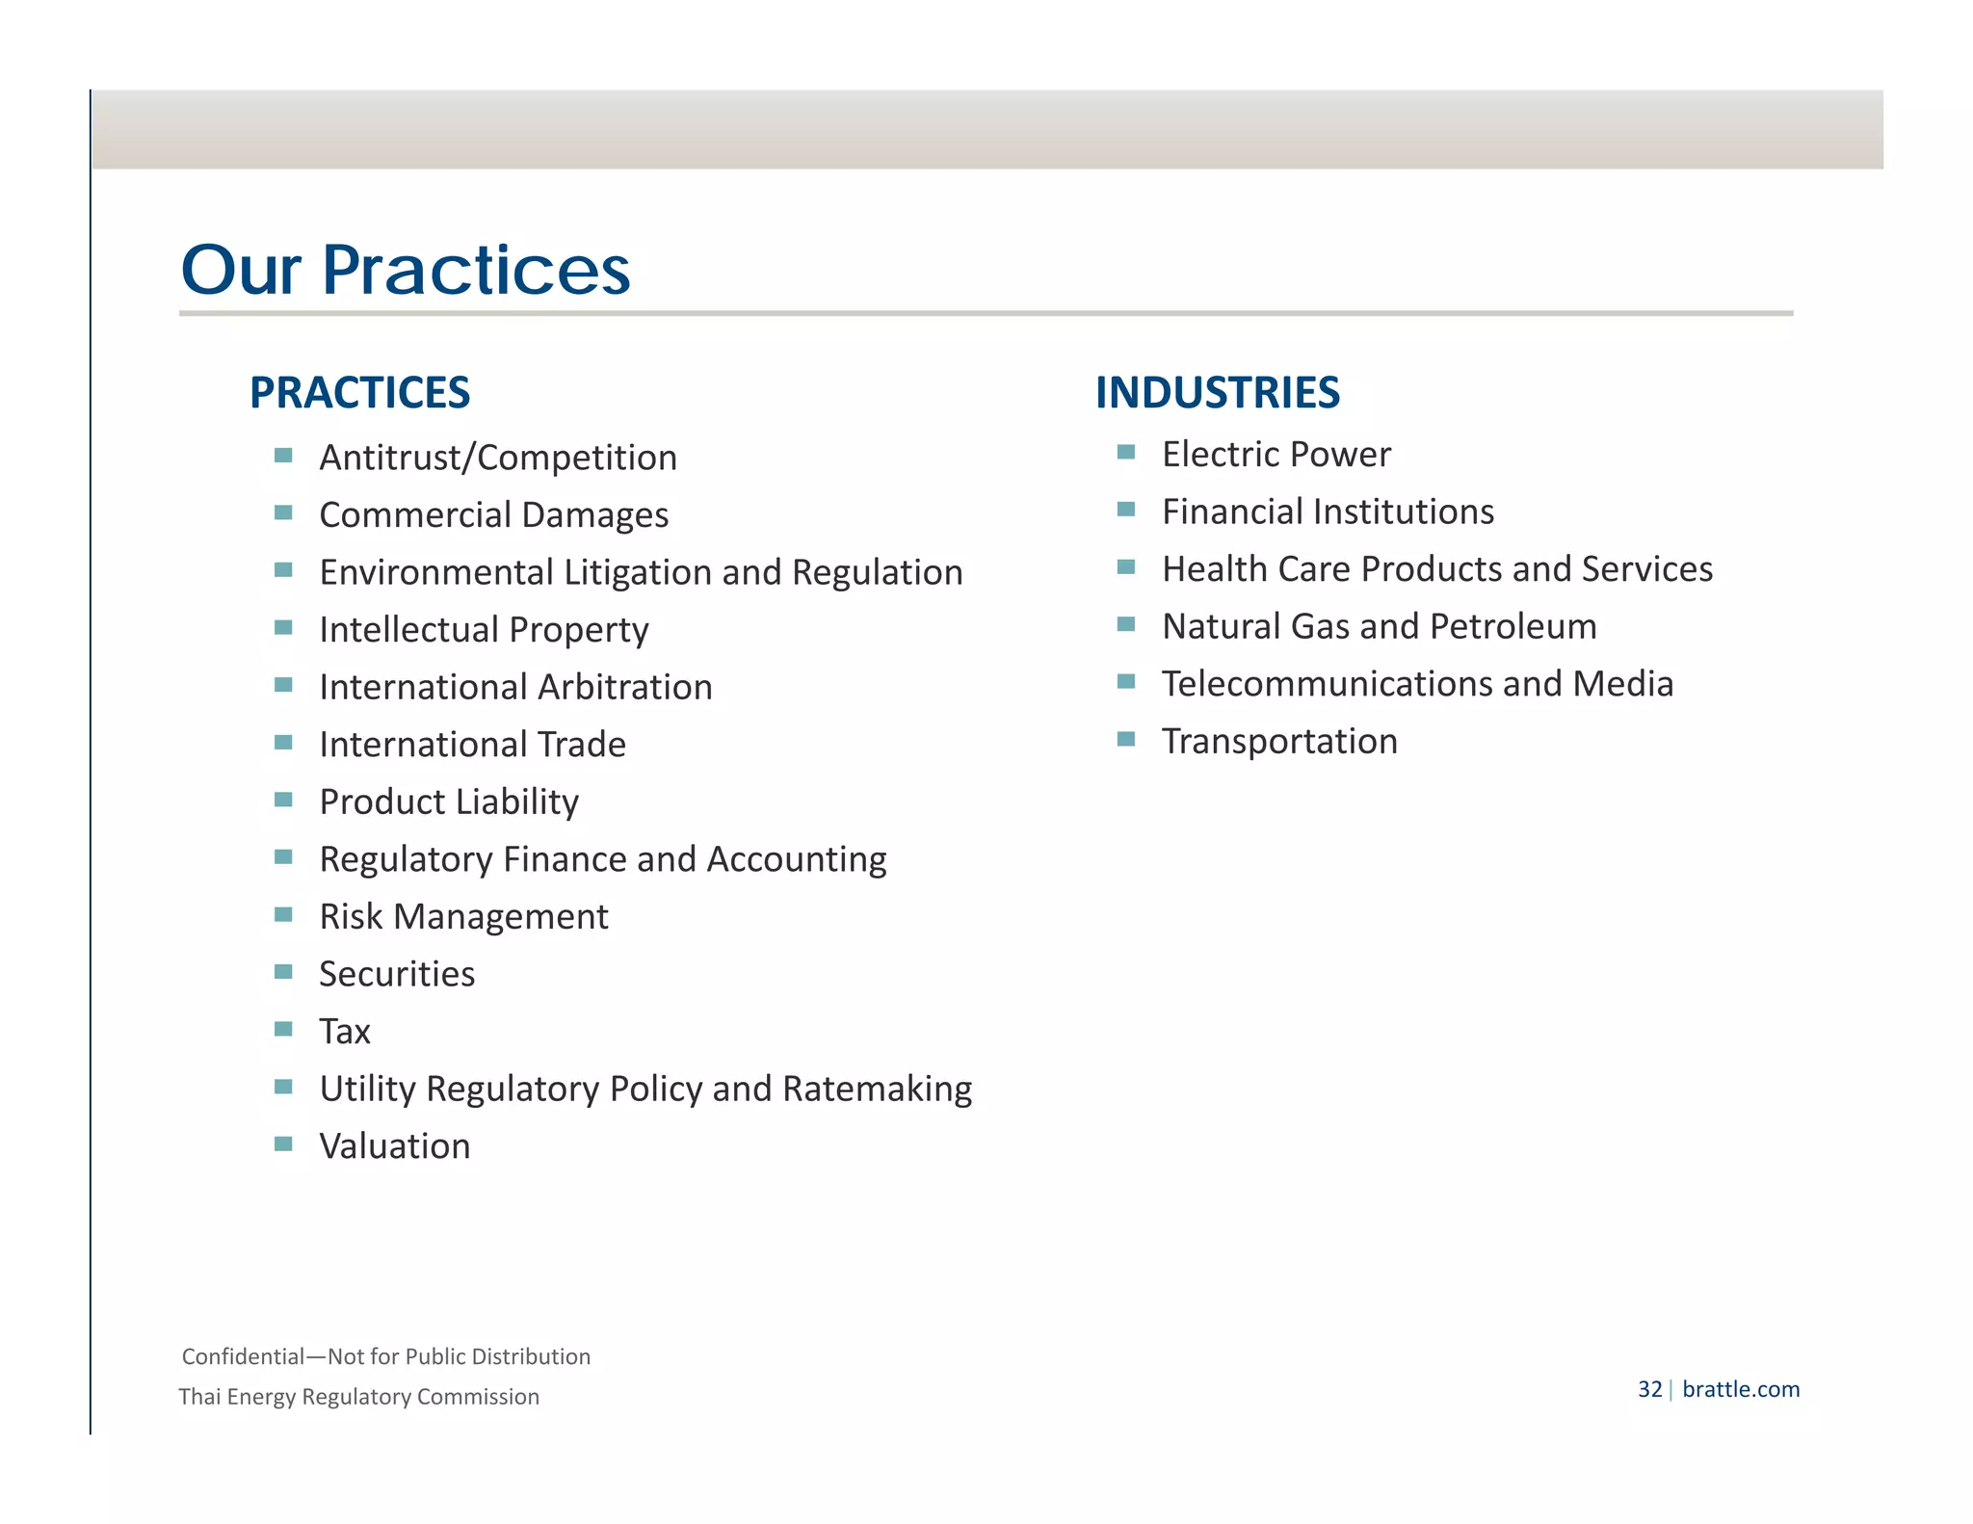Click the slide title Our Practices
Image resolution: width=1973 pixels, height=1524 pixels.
point(405,270)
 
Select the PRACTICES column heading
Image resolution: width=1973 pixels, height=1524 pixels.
point(359,393)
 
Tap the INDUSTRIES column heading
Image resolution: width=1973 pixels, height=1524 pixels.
point(1217,393)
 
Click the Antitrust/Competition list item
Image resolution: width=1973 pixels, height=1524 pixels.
point(498,458)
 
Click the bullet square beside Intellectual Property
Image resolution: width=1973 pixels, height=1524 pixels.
point(283,628)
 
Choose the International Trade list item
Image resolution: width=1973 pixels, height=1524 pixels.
point(472,745)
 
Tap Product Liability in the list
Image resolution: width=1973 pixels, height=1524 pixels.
point(449,802)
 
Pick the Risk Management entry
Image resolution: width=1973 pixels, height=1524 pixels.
point(463,917)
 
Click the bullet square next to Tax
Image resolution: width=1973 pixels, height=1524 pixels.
point(283,1030)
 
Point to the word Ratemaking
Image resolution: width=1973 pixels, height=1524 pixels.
point(877,1090)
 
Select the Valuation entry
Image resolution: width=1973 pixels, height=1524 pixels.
point(395,1146)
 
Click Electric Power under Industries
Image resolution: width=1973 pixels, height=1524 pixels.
point(1276,455)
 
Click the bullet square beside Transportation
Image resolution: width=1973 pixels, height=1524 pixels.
point(1126,740)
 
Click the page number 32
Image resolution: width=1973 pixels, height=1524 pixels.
point(1649,1389)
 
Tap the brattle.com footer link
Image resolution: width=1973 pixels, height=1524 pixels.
point(1740,1389)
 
